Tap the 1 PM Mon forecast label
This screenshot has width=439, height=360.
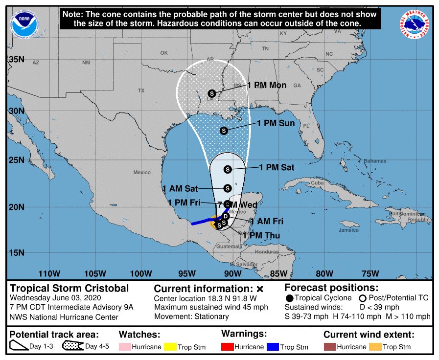(267, 85)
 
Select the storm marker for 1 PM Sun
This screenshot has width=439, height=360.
(224, 131)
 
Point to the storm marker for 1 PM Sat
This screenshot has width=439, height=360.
(228, 169)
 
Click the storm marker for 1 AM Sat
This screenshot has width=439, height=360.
(228, 188)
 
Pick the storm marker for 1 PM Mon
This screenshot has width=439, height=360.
(212, 93)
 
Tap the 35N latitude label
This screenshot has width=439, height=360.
(17, 60)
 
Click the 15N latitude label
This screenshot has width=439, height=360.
(17, 253)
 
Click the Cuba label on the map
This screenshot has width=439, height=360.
(318, 183)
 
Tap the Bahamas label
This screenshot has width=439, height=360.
(375, 161)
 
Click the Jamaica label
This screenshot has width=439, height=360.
(348, 230)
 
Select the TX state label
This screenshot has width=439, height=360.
(141, 90)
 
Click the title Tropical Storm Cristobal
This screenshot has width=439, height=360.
(69, 288)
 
